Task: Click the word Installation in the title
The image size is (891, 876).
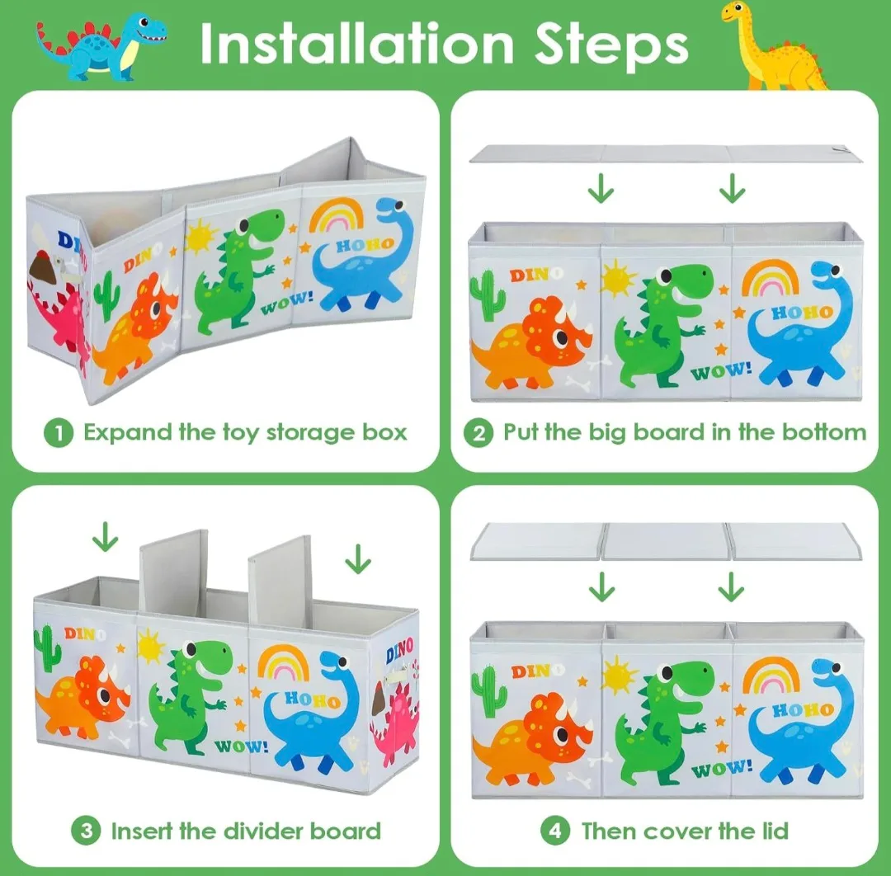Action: [x=357, y=44]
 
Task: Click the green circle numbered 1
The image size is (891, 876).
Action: [x=59, y=433]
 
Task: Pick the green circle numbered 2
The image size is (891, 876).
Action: [x=478, y=433]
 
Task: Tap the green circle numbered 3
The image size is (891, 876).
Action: [x=86, y=831]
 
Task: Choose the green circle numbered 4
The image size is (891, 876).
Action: [x=555, y=831]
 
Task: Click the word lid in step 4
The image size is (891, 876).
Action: [x=773, y=831]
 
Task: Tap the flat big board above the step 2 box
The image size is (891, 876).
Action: [x=666, y=154]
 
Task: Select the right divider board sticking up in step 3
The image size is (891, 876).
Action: [x=280, y=582]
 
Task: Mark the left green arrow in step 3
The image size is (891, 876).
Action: [x=105, y=537]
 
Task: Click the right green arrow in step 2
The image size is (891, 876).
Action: [x=732, y=189]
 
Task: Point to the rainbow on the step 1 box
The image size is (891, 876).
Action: [x=337, y=214]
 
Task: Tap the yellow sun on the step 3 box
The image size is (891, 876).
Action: [x=151, y=646]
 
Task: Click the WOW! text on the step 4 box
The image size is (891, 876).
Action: [x=722, y=768]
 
